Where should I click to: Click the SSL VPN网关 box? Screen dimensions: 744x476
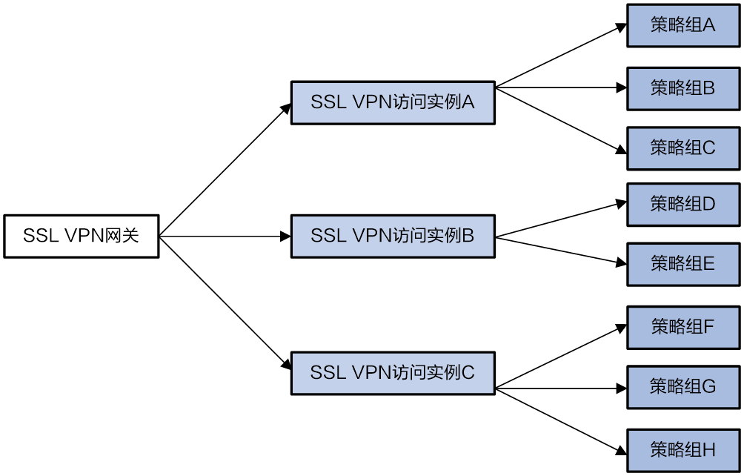click(x=81, y=237)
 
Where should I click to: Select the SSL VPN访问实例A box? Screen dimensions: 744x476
click(x=393, y=103)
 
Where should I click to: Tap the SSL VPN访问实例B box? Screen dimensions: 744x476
click(x=393, y=237)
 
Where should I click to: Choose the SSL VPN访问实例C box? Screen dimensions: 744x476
click(x=393, y=373)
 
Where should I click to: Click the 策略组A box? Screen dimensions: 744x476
click(x=683, y=26)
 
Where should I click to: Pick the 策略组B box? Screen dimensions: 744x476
click(x=683, y=89)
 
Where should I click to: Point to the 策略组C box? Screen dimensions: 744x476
click(x=683, y=148)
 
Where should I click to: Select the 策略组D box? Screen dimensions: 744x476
click(x=683, y=205)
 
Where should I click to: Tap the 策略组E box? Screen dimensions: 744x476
click(x=683, y=265)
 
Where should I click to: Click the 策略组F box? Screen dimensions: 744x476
click(x=683, y=328)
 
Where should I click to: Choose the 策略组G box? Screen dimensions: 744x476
click(x=683, y=387)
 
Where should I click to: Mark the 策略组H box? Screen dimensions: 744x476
click(x=683, y=450)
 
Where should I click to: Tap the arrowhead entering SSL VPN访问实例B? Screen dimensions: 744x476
click(x=285, y=237)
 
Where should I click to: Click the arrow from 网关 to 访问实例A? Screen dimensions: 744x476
click(x=225, y=170)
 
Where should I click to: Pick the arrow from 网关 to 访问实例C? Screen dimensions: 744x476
click(x=225, y=303)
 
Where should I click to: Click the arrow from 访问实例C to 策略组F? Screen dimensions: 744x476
click(x=561, y=357)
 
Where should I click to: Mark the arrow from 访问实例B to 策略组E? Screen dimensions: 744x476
click(x=561, y=251)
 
